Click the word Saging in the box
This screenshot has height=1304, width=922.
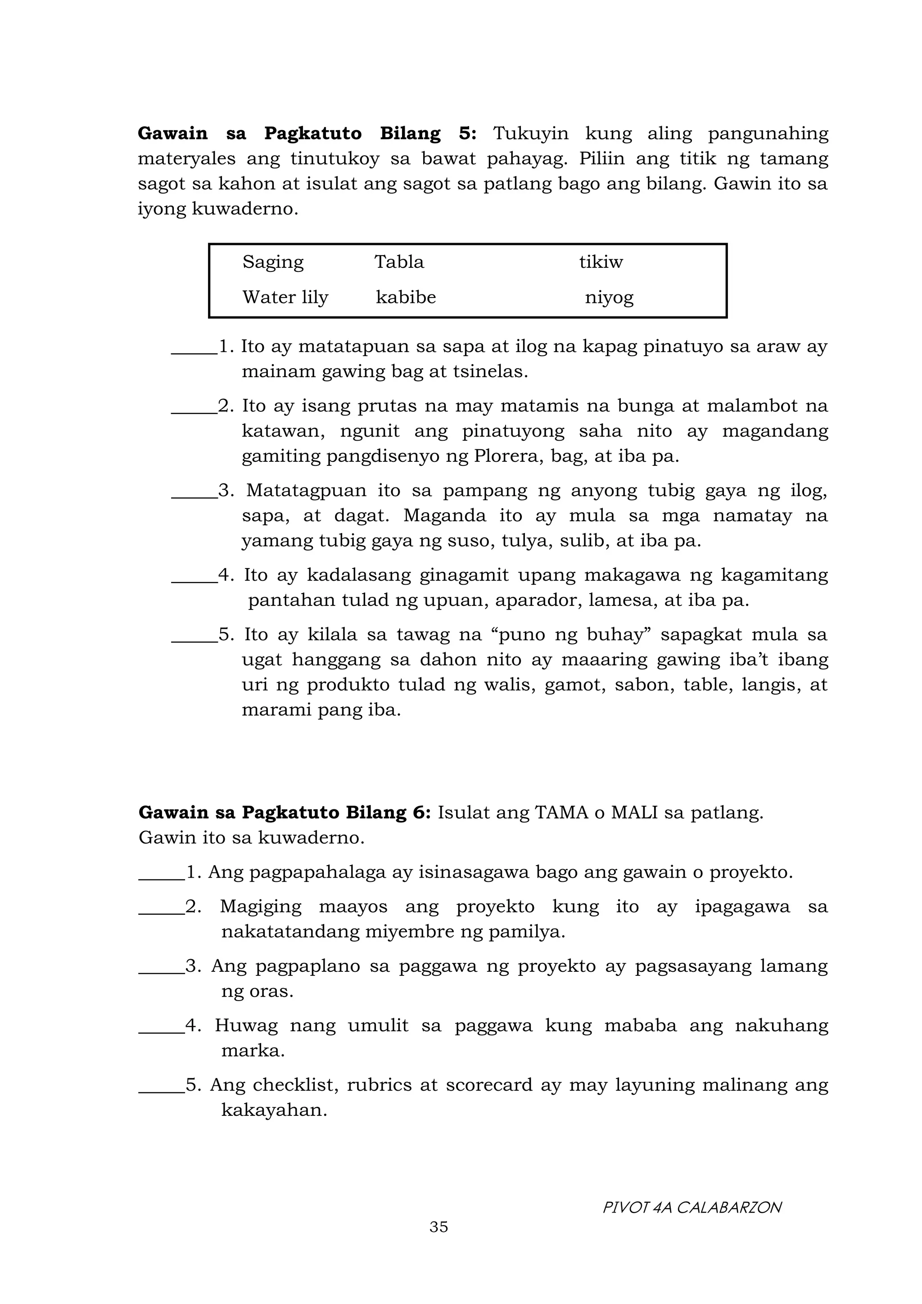click(273, 262)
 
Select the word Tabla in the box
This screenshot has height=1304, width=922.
click(399, 262)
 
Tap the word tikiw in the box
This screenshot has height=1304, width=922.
click(601, 262)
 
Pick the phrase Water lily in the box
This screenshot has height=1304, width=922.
click(285, 297)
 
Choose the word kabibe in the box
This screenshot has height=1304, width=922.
click(406, 297)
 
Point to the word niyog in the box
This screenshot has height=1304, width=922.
click(609, 298)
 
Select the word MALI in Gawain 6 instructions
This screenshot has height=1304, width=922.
click(634, 813)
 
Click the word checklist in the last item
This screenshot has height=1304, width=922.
click(295, 1085)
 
